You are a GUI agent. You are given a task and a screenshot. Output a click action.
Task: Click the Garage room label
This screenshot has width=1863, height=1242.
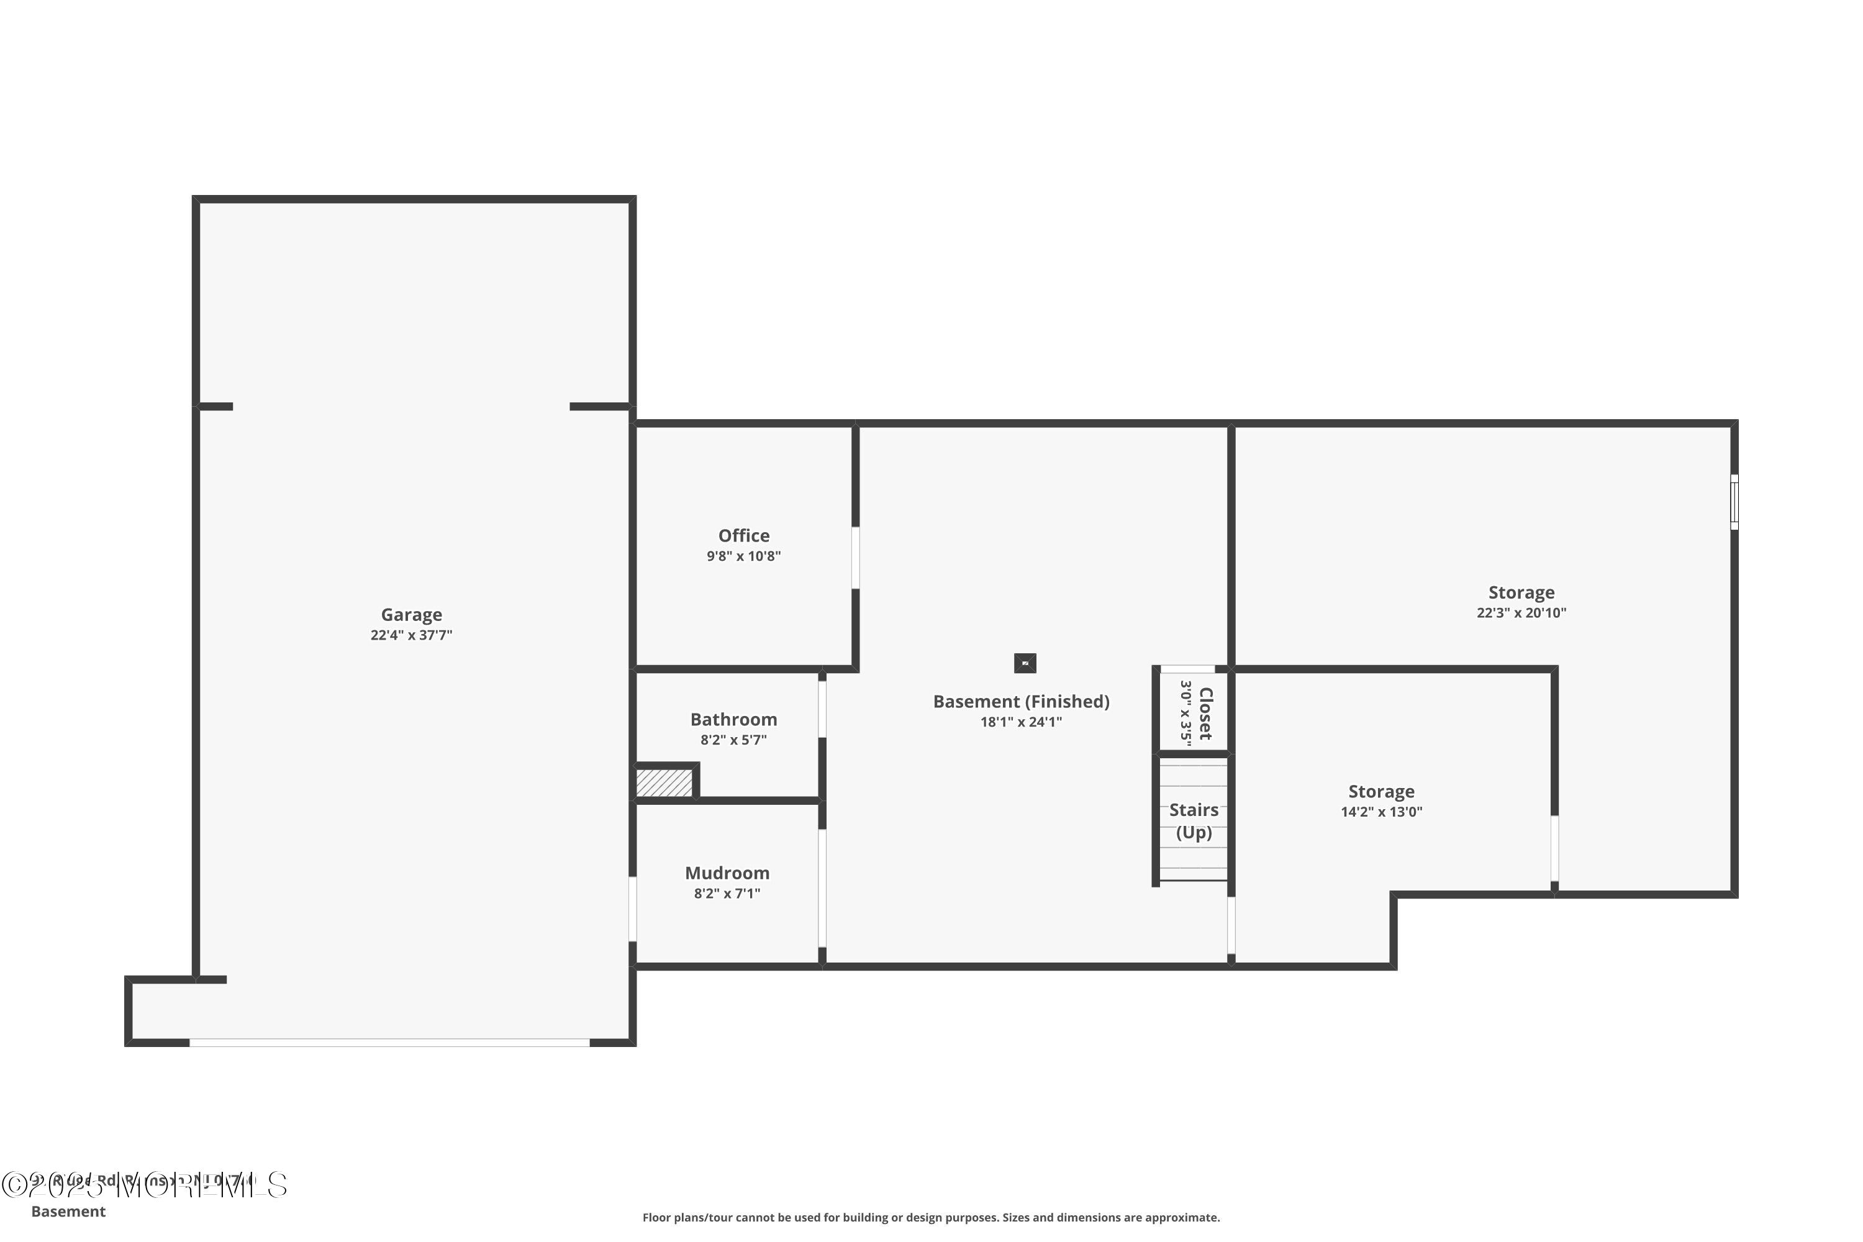pos(411,615)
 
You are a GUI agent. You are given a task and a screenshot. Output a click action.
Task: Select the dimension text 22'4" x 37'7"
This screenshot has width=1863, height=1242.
pos(411,635)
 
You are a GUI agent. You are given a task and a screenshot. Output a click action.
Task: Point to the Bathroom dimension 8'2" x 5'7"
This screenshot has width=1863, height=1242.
pos(733,740)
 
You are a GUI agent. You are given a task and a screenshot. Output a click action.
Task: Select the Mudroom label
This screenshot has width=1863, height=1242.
pos(727,873)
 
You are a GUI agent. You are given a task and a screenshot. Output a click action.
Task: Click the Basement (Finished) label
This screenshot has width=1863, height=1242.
pos(1020,701)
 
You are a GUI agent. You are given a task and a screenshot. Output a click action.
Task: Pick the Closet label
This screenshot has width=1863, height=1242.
pos(1205,713)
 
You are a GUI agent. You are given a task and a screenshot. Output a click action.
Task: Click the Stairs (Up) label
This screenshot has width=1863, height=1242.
pos(1193,820)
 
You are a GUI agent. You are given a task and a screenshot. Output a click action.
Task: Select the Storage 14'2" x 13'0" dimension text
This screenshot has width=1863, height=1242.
pos(1380,812)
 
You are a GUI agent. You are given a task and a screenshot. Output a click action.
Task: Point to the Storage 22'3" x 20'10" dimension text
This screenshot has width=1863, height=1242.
pos(1521,612)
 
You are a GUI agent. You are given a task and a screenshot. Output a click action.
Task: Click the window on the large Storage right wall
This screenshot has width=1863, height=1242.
pos(1733,502)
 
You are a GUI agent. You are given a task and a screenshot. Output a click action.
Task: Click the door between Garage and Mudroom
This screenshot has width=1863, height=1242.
pos(632,909)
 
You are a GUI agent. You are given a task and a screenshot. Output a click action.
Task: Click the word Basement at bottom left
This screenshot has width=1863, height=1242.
pos(68,1211)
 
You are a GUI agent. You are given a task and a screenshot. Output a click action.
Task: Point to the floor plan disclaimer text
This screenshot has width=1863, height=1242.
pos(931,1217)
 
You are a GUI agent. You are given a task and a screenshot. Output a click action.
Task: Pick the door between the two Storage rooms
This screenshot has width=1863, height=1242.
pos(1554,848)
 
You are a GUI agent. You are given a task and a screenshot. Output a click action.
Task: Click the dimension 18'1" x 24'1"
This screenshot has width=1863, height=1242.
pos(1020,722)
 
